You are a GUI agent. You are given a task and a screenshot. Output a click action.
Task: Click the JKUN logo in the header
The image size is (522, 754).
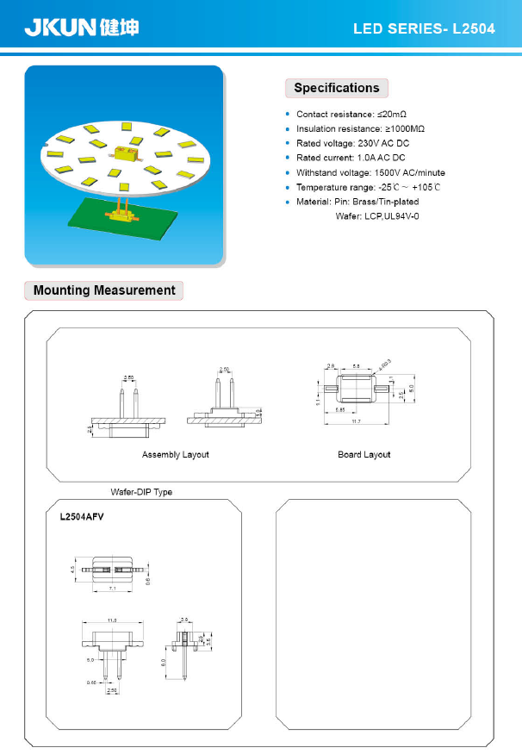pos(80,28)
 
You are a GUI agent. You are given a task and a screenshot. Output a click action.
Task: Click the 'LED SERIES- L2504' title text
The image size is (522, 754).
pos(424,29)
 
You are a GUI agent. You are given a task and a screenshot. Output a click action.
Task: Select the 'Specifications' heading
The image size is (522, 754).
pos(337,88)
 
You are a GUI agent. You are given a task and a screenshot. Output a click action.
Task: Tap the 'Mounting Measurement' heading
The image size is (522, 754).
pos(104,290)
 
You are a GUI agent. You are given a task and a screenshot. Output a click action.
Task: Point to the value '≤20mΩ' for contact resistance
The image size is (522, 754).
pos(391,114)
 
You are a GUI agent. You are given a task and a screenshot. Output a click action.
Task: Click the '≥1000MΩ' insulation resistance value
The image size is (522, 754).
pos(404,128)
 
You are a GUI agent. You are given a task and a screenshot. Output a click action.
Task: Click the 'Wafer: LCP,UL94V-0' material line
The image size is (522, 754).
pos(376,215)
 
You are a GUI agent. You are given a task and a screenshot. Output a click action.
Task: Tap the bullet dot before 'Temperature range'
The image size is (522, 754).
pos(288,187)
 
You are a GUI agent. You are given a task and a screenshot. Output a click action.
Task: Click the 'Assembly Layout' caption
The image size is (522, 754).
pos(175,454)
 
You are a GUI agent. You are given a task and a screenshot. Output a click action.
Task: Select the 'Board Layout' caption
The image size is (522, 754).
pos(364,454)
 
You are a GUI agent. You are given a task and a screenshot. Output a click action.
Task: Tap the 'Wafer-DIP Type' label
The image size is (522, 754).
pos(141,492)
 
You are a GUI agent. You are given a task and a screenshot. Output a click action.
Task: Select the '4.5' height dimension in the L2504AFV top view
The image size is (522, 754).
pos(73,569)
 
